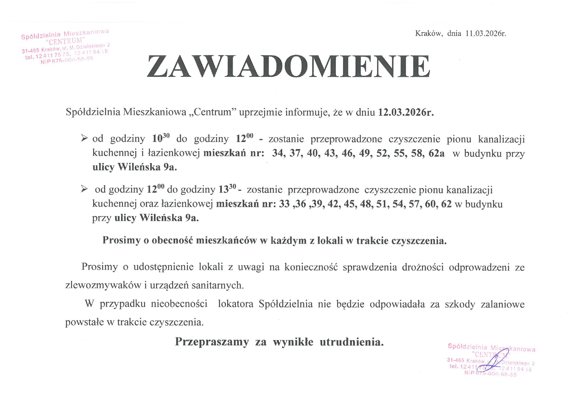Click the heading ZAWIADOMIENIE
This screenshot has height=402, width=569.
point(289,67)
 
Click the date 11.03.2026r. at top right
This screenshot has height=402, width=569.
point(486,33)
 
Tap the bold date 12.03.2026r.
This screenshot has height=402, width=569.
point(406,112)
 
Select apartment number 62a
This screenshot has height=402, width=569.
point(436,153)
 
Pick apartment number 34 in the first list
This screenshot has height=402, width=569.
point(278,153)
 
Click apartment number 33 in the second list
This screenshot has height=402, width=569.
point(284,204)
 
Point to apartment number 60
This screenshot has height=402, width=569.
point(430,204)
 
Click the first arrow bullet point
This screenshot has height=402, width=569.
point(84,139)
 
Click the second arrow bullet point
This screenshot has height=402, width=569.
point(84,189)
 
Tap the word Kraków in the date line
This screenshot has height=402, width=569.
point(428,33)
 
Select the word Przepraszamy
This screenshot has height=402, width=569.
point(212,342)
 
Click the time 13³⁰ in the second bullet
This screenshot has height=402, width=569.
point(227,189)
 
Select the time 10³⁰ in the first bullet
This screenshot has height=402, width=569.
point(161,139)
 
